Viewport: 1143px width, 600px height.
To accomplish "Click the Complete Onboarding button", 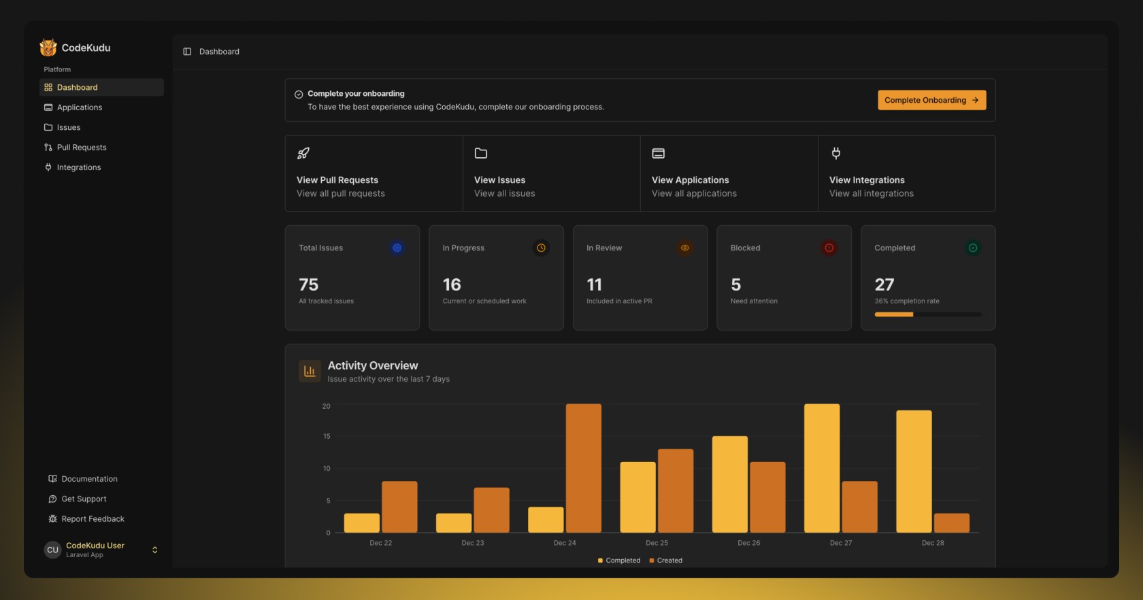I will (x=931, y=100).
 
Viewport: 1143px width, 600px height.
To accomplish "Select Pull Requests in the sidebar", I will (x=81, y=148).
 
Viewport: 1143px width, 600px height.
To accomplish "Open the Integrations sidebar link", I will (x=78, y=167).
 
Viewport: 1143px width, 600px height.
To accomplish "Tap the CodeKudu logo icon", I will (x=48, y=48).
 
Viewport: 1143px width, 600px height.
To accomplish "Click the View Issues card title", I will (x=499, y=180).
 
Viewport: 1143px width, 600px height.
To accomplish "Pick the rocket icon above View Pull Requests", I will (x=303, y=153).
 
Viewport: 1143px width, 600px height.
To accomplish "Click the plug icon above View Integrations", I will (x=835, y=153).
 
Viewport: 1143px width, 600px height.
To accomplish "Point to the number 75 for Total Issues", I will (x=308, y=284).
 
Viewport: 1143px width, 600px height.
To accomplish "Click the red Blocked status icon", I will (x=829, y=248).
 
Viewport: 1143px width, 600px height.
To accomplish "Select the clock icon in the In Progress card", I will (x=541, y=248).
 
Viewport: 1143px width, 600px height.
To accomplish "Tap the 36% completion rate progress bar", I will (x=927, y=314).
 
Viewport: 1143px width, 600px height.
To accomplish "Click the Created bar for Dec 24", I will (x=583, y=468).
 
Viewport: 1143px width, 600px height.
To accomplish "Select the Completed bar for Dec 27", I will (x=821, y=468).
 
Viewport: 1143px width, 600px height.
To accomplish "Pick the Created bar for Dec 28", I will (x=951, y=522).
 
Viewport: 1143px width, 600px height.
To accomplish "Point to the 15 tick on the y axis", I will (x=327, y=436).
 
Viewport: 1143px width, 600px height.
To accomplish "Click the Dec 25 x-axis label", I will (x=657, y=543).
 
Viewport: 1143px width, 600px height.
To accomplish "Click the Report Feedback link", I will (x=93, y=519).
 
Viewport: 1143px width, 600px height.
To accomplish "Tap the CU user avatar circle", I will (x=52, y=550).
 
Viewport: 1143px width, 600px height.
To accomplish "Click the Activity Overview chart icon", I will (x=310, y=371).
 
